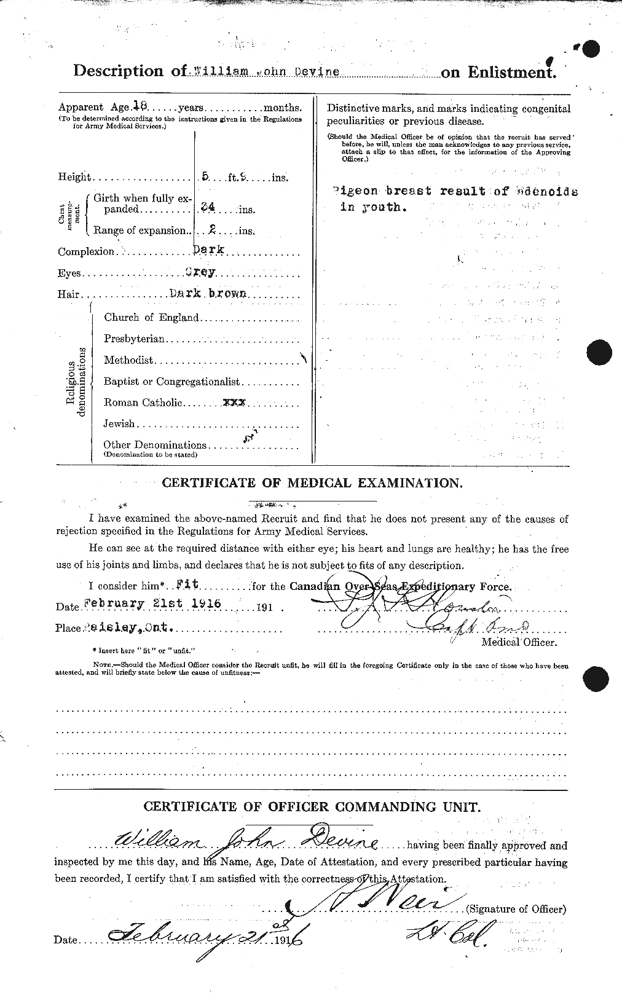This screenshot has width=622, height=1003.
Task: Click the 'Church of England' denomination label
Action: click(151, 317)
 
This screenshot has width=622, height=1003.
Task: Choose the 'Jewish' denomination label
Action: click(119, 423)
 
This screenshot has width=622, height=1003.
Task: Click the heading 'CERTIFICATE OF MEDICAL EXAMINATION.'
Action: click(312, 483)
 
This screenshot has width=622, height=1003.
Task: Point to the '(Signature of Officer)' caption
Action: click(516, 909)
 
